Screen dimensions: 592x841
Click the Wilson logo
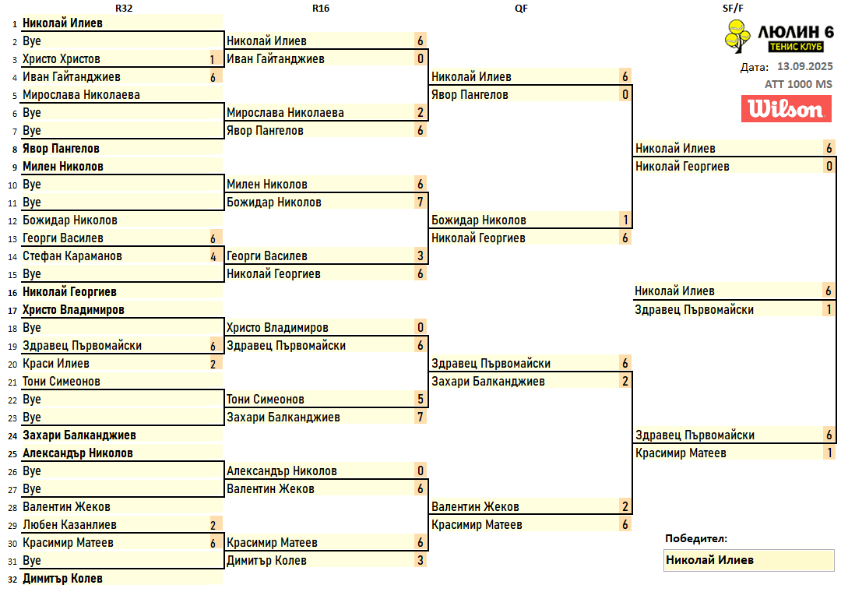point(786,109)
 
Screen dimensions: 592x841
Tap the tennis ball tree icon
point(735,37)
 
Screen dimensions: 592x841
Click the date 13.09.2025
point(804,66)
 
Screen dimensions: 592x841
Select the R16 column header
point(325,8)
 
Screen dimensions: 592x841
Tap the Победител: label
point(695,538)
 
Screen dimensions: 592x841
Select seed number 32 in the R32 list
point(12,579)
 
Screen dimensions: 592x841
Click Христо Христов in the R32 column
point(62,59)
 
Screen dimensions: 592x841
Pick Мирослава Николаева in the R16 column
point(285,113)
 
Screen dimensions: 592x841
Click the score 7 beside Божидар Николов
point(420,203)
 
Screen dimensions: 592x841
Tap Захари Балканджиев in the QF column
point(488,382)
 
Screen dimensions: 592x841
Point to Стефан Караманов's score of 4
point(213,256)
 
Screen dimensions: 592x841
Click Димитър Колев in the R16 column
point(266,561)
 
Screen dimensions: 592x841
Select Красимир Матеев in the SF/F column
point(681,453)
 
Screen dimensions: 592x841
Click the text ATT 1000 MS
point(798,84)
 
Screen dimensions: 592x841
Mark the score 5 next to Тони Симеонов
point(420,400)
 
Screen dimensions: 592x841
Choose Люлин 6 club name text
point(796,32)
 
